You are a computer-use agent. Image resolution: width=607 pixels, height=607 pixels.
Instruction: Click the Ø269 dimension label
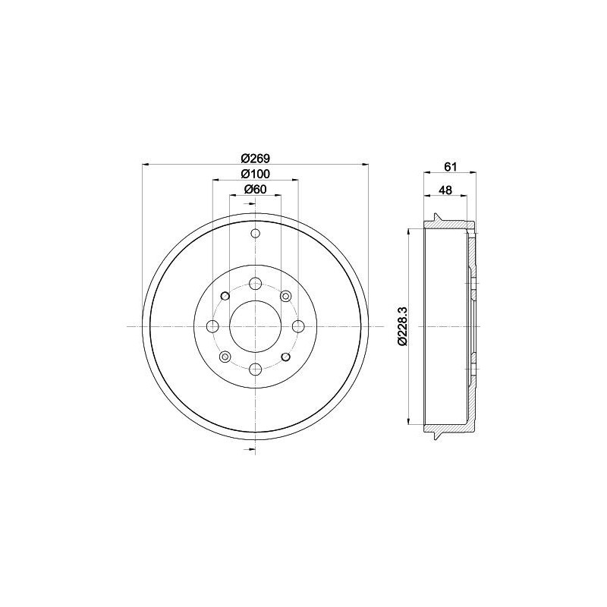(x=255, y=158)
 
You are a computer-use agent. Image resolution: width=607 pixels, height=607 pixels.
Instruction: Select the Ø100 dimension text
(x=255, y=174)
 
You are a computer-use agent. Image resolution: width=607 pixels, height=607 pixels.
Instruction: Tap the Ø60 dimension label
(x=255, y=189)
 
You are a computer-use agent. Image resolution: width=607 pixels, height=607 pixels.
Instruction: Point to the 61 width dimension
(x=451, y=167)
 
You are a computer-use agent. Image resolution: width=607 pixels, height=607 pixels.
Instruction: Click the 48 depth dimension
(x=445, y=190)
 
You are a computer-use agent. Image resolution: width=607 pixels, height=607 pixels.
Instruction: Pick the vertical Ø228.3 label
(x=401, y=326)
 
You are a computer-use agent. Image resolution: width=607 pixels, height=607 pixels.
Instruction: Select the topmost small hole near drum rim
(x=255, y=234)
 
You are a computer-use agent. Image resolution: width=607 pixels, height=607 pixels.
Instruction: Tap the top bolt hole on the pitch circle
(x=255, y=284)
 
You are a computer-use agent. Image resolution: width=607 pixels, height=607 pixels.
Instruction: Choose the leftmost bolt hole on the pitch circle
(x=213, y=326)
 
